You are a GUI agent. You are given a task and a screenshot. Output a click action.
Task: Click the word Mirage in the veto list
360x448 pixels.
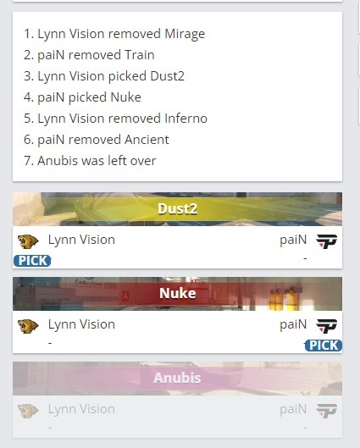coord(185,34)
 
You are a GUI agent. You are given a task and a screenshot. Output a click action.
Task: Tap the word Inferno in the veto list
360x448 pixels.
coord(186,119)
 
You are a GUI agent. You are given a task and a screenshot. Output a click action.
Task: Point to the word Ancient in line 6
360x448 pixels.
coord(147,140)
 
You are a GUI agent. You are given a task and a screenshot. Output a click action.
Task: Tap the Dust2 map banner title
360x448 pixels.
coord(177,209)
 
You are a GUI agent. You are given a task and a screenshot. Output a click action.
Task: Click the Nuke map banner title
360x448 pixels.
coord(177,293)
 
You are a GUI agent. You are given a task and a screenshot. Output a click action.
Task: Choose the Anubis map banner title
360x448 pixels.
coord(177,378)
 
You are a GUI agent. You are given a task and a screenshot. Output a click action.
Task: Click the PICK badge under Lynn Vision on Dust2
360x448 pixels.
coord(32,261)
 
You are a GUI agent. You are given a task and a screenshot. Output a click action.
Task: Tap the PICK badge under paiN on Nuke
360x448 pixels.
coord(323,346)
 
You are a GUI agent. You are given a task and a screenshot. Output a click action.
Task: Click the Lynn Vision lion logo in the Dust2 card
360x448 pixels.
coord(28,241)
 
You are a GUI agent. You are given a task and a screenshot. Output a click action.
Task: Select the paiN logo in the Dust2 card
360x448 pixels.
coord(327,241)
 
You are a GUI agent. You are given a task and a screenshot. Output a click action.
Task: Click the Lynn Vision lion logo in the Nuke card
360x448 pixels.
coord(28,326)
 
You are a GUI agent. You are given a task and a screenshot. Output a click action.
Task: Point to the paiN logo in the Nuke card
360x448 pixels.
coord(327,326)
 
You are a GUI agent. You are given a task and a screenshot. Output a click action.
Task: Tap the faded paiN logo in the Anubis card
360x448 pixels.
coord(327,411)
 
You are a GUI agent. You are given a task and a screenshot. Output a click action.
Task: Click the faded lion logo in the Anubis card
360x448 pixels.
coord(28,411)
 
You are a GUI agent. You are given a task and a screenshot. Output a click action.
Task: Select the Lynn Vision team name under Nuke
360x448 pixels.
coord(81,324)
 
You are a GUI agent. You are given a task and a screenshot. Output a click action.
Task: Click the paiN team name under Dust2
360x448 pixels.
coord(293,240)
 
